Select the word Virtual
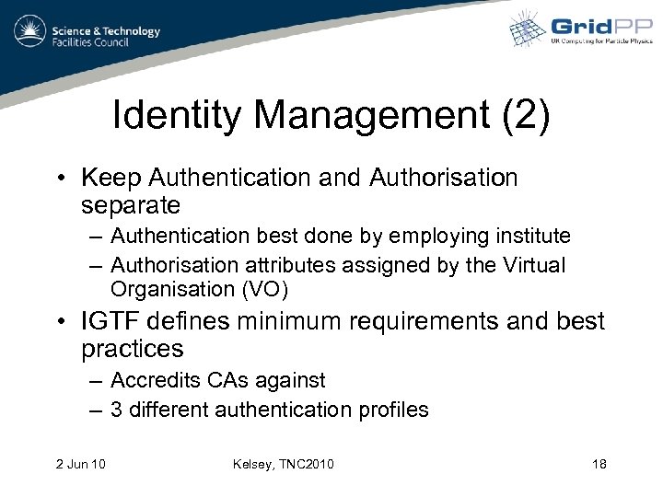click(534, 265)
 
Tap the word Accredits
click(154, 379)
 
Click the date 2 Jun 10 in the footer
click(79, 463)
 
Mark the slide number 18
click(599, 463)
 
